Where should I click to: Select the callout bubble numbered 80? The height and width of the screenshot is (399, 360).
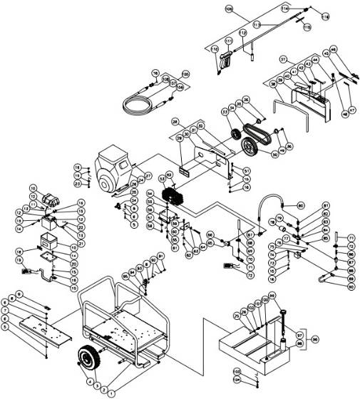[x=300, y=205]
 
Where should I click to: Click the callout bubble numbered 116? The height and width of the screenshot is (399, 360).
[x=325, y=15]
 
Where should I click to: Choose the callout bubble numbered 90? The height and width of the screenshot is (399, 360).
[x=350, y=289]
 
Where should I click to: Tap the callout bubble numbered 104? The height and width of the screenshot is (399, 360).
[x=237, y=381]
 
